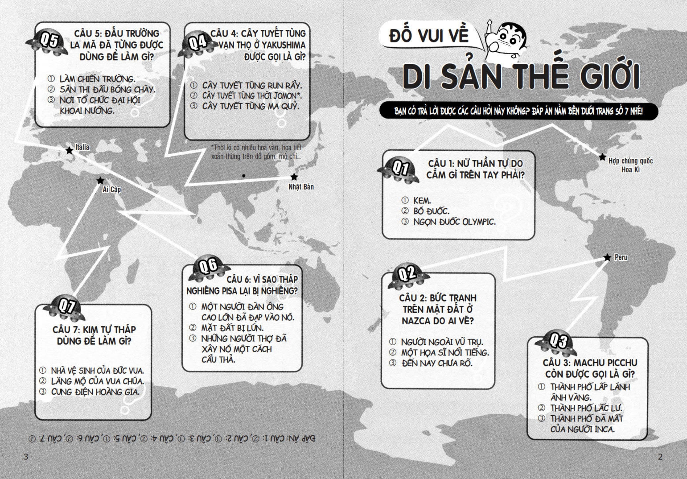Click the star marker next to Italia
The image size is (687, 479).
coord(69,151)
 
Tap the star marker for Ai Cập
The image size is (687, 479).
coord(100,180)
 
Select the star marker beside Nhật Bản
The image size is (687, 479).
coord(294,177)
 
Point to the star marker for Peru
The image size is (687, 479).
coord(607,257)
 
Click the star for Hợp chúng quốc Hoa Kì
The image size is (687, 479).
coord(603,157)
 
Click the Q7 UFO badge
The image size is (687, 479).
coord(67,309)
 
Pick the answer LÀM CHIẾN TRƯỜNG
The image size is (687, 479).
coord(97,79)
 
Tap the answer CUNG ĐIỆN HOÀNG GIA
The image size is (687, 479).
coord(95,392)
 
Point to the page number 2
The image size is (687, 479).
coord(660,457)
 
